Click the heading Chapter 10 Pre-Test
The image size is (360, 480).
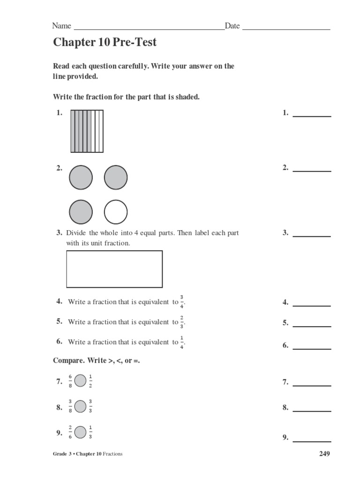coord(105,43)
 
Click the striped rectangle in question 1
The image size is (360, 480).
coord(87,131)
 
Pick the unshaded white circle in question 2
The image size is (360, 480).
coord(116,212)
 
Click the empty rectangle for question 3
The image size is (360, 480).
coord(114,269)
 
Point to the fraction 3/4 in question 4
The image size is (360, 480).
coord(182,302)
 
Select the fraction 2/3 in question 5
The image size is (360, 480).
coord(182,322)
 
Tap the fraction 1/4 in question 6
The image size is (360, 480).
coord(182,342)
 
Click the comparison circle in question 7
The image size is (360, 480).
coord(80,381)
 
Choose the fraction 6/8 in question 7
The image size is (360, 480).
coord(70,381)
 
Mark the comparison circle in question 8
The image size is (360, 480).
coord(80,406)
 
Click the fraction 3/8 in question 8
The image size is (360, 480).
coord(70,406)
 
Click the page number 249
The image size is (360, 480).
coord(324,454)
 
